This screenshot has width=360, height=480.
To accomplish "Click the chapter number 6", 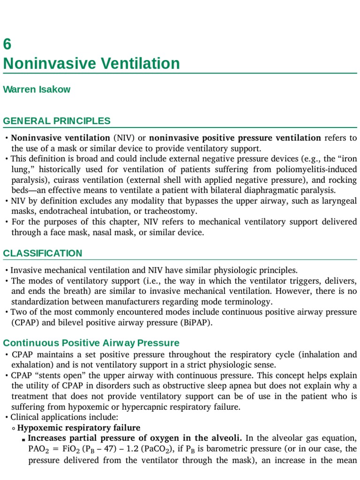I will pyautogui.click(x=7, y=45).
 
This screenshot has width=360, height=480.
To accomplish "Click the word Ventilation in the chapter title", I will pyautogui.click(x=141, y=63).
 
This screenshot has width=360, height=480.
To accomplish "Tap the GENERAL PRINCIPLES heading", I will pyautogui.click(x=57, y=121).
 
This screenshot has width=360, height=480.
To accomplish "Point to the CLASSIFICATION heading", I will pyautogui.click(x=43, y=253).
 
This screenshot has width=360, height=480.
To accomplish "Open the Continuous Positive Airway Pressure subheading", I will pyautogui.click(x=91, y=343).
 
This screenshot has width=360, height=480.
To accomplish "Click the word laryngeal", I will pyautogui.click(x=338, y=201).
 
